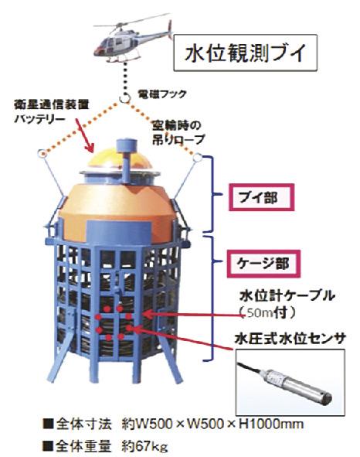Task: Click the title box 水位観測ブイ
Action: tap(245, 53)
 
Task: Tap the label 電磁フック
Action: tap(162, 94)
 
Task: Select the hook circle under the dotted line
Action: tap(125, 97)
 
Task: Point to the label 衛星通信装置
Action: tap(52, 104)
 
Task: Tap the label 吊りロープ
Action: tap(178, 140)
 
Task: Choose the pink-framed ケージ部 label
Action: tap(263, 264)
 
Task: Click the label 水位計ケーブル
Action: tap(287, 296)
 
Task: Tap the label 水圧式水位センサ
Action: tap(290, 339)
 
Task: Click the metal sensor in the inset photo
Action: tap(294, 384)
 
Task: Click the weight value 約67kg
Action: tap(144, 445)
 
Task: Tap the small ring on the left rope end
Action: tap(42, 153)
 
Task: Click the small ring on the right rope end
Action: tap(198, 158)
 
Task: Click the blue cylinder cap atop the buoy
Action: tap(127, 145)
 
